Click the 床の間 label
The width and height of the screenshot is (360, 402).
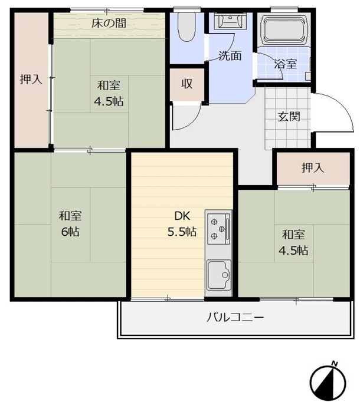[x=109, y=24]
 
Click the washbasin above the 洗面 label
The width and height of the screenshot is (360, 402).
[x=231, y=21]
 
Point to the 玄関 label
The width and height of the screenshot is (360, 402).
[x=289, y=117]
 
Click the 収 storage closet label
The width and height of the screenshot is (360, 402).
[x=186, y=84]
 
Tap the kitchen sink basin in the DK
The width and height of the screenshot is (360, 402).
[x=219, y=275]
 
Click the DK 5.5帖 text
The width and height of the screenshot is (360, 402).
[x=182, y=224]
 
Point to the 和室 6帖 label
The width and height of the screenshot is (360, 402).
[x=70, y=223]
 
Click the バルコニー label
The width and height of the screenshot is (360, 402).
[x=235, y=318]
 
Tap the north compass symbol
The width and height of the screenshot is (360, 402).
[x=328, y=383]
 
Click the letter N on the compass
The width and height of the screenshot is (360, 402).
[x=334, y=363]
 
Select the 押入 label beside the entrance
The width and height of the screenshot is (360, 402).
[x=313, y=168]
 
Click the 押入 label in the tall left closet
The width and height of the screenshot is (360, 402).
[x=31, y=79]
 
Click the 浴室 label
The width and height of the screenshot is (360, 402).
[x=285, y=64]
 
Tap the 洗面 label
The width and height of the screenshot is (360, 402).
[x=230, y=55]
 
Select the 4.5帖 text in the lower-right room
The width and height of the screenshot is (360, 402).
[x=293, y=251]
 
